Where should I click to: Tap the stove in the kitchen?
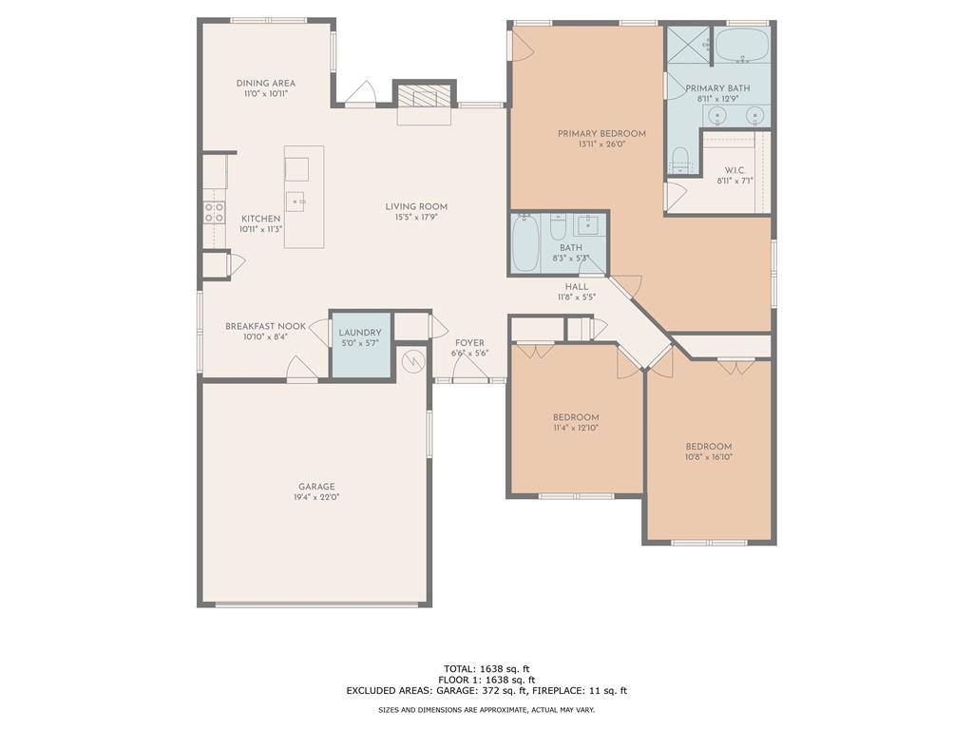coord(215,212)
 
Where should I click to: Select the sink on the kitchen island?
coord(296,201)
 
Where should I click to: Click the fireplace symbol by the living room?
coord(425,98)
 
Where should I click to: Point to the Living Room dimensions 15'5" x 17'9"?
coord(416,218)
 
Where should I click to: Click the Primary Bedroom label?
coord(601,134)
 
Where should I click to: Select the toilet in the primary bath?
coord(680,159)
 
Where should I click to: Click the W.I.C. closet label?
coord(735,170)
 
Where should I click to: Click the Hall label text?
coord(576,286)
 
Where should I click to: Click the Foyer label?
coord(469,343)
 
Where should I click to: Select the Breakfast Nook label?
coord(265,326)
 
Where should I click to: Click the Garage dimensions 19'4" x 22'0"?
coord(316,498)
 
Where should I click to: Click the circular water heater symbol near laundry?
coord(413,362)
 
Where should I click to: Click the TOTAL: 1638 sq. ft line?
coord(486,668)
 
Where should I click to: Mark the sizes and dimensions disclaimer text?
coord(486,709)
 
